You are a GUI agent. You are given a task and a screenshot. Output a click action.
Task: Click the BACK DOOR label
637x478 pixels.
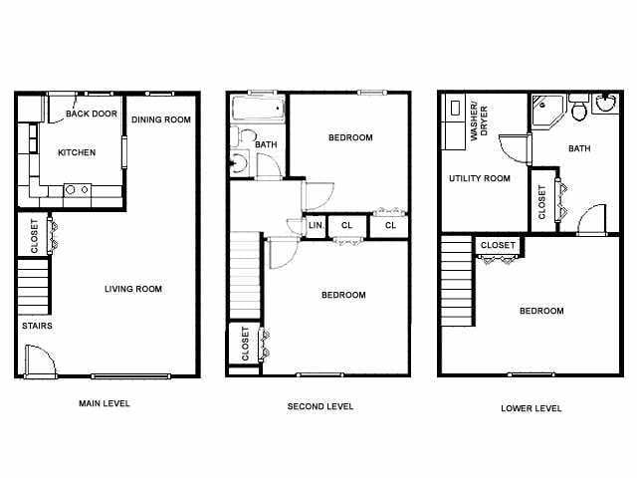point(92,115)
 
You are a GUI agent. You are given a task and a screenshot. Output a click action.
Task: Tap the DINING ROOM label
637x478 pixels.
point(160,119)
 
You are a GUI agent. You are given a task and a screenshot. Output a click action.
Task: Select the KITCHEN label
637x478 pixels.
point(77,152)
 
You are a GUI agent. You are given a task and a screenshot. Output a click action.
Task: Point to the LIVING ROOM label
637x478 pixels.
point(133,289)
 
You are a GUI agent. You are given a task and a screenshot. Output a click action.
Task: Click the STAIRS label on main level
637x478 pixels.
point(37,326)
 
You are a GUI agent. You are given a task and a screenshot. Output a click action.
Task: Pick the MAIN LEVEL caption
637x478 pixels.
point(105,403)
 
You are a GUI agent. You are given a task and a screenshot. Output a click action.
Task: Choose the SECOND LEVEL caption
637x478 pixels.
point(320,406)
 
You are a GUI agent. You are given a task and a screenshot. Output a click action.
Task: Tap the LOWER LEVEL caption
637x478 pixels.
point(531,408)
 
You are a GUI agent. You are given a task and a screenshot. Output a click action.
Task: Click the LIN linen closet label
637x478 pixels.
point(315,226)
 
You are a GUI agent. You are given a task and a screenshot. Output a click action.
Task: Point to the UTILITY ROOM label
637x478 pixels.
point(479,178)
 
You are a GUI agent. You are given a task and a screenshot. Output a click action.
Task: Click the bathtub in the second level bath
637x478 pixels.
point(258,110)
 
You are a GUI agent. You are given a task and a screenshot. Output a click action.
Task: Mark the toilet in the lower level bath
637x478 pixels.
point(579,110)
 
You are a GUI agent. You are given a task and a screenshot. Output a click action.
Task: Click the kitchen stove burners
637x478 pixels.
point(77,189)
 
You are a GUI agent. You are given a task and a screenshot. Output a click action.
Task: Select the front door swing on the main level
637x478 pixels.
point(39,360)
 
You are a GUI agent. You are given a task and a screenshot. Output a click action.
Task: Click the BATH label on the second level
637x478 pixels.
point(266,145)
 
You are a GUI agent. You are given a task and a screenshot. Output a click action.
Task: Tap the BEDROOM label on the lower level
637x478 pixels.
point(541,311)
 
